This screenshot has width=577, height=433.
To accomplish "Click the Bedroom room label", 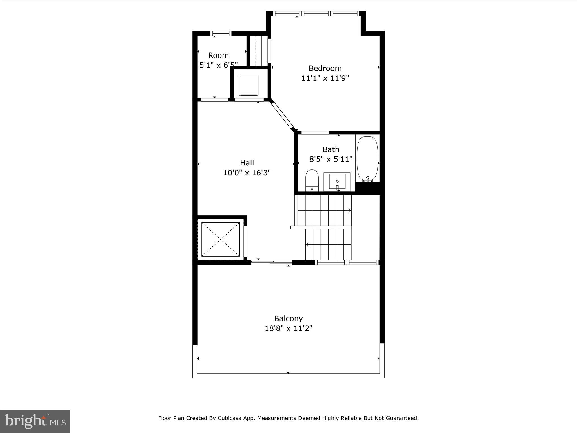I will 325,68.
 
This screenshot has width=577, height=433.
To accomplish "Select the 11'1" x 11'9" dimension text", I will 325,78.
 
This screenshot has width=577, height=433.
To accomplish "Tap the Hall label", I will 247,163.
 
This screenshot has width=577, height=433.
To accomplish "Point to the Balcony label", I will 288,318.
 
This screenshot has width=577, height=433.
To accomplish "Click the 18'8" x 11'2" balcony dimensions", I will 288,328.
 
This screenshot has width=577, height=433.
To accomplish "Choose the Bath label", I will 330,149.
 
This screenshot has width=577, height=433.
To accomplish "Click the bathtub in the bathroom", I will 367,158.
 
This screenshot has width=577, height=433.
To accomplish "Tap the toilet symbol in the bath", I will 312,180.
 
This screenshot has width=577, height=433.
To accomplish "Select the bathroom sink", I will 337,182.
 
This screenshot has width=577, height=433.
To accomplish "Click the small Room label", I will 218,55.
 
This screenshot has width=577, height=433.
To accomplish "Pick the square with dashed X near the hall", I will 221,239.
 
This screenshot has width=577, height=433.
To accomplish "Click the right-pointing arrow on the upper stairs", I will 349,210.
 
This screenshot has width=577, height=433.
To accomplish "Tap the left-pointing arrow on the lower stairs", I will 307,244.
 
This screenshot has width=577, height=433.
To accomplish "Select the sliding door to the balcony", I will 272,262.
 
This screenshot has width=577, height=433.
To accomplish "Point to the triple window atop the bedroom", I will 316,13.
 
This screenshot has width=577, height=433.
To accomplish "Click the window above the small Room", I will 221,33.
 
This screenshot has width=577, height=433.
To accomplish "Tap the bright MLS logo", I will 35,421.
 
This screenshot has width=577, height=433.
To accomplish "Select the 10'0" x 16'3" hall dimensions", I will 247,173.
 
